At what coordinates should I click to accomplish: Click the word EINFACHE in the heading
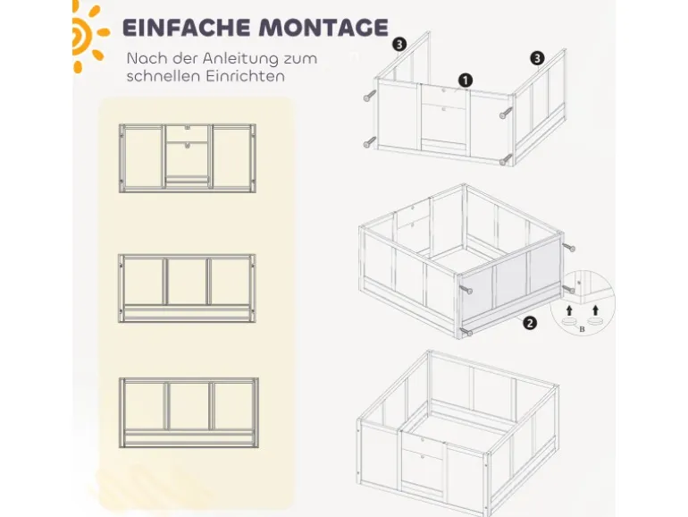186,27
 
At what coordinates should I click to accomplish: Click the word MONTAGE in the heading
323,27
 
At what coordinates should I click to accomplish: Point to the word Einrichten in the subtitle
246,76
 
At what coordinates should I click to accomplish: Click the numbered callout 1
466,81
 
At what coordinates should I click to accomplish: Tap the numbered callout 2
530,323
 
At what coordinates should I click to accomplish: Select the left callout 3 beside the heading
399,45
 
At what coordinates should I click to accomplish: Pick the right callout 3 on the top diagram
537,58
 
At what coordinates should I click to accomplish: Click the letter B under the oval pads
583,329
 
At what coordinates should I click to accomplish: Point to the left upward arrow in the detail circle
569,310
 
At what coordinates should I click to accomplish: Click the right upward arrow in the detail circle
595,310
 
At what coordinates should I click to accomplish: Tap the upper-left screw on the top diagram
370,96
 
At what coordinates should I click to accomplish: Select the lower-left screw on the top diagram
370,142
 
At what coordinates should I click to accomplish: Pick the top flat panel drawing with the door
188,158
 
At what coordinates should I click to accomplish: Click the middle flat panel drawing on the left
187,288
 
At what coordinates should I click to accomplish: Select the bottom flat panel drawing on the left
189,412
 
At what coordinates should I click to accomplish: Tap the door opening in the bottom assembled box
422,467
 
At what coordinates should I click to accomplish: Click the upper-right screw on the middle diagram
569,247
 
